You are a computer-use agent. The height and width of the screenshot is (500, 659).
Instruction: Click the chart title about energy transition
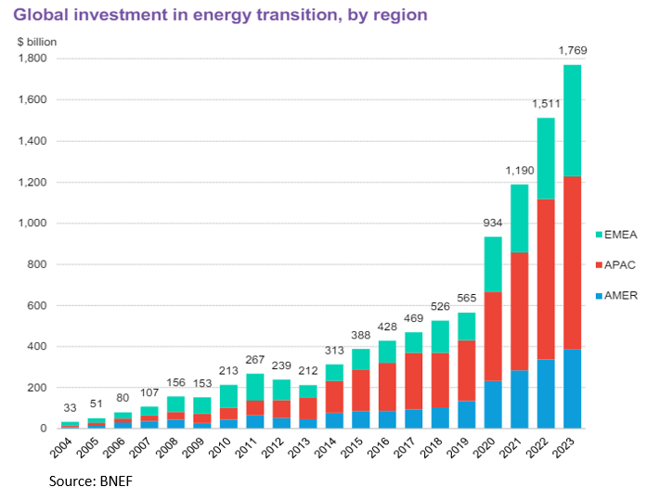219,16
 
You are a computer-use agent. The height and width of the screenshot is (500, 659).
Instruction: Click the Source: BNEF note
81,481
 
